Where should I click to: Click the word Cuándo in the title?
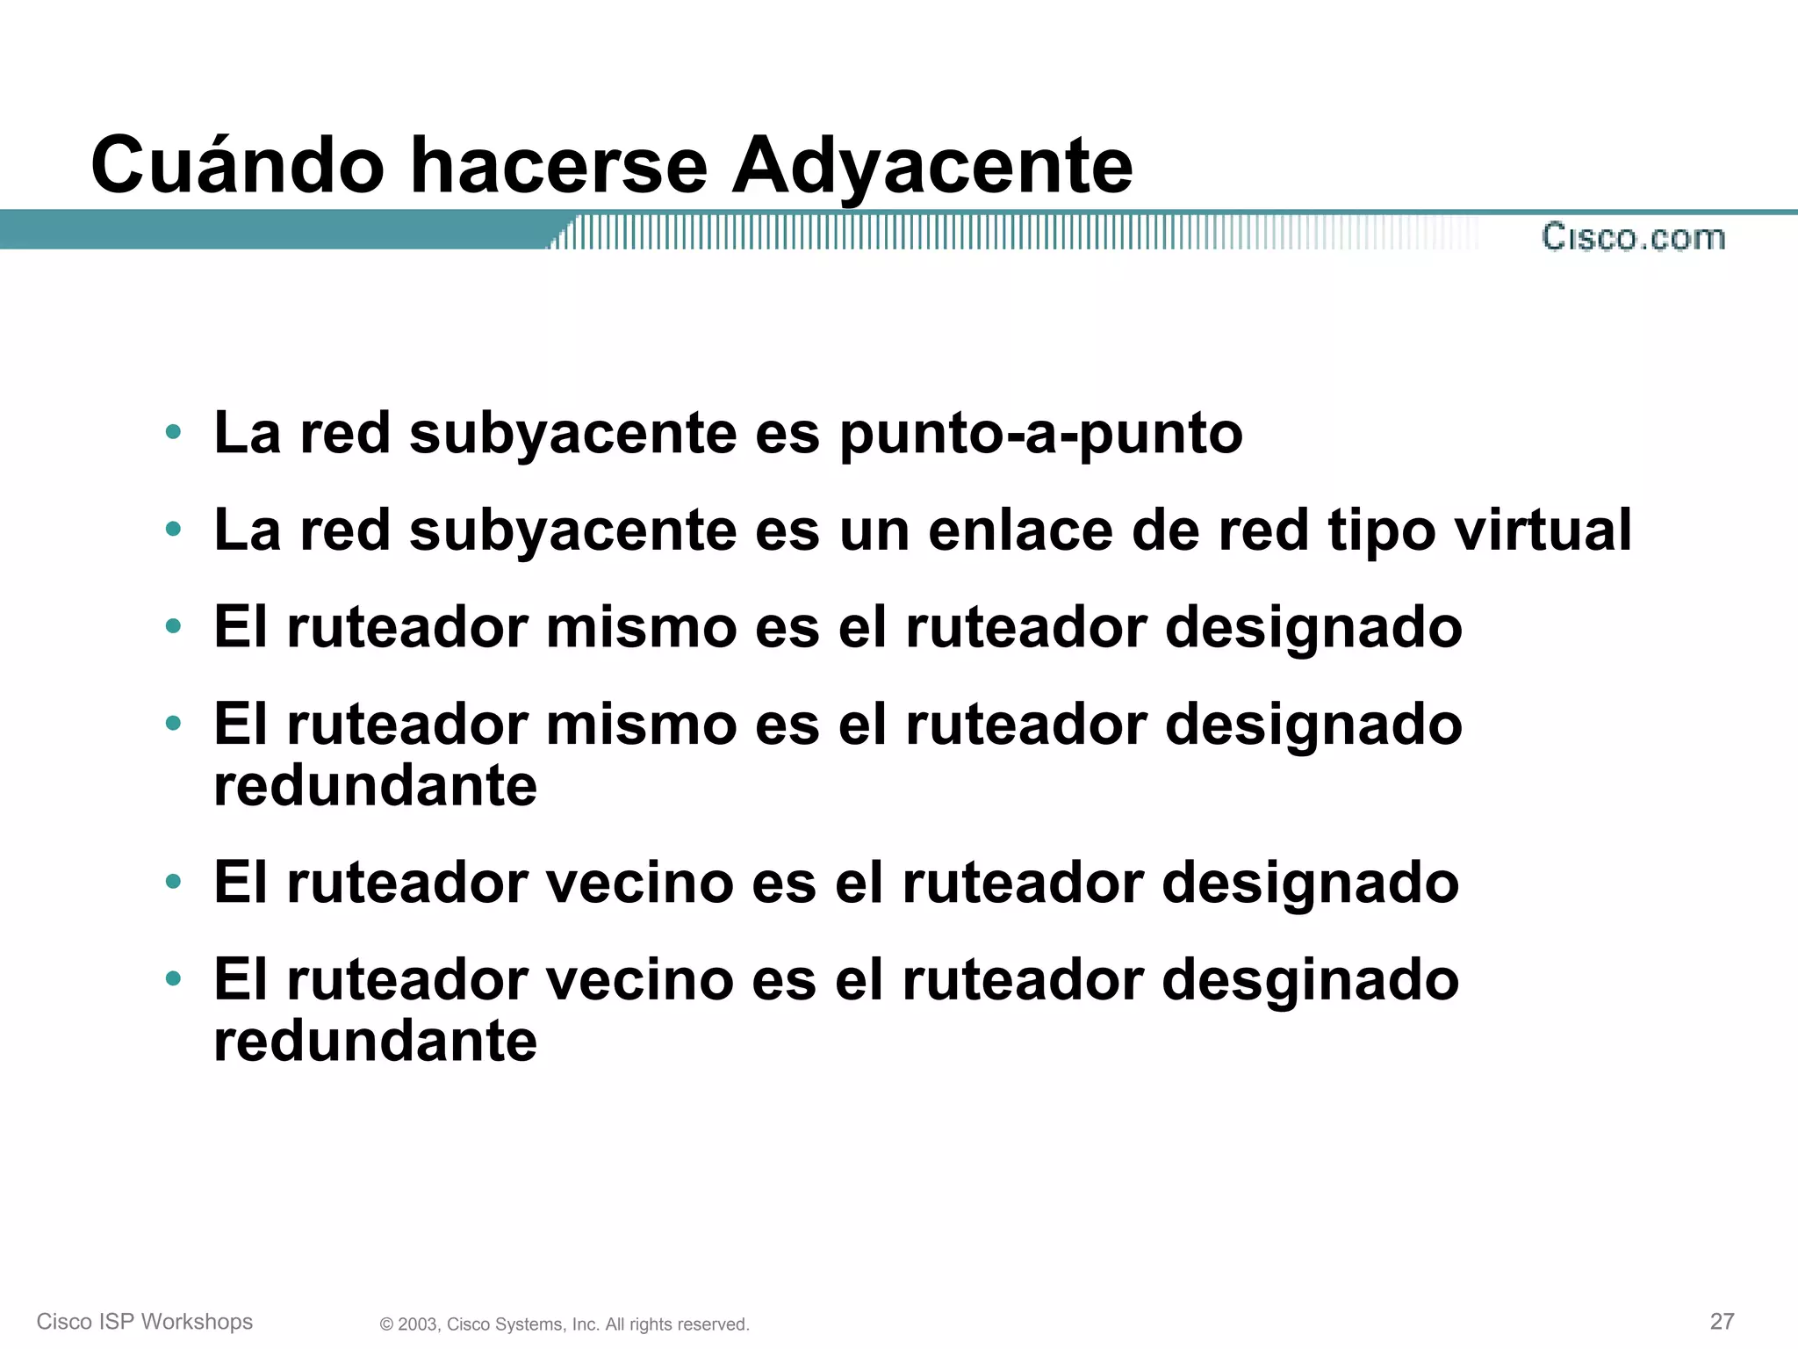click(x=237, y=165)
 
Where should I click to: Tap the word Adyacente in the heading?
click(x=931, y=167)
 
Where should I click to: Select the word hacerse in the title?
click(x=558, y=165)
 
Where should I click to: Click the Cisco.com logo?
click(x=1633, y=237)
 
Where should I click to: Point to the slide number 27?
click(x=1722, y=1321)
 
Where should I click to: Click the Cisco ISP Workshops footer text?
click(x=145, y=1322)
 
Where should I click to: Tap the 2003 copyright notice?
click(x=565, y=1324)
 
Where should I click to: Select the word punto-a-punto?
click(x=1041, y=434)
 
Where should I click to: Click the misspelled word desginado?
click(x=1310, y=981)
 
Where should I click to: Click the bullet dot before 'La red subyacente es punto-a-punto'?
click(x=173, y=432)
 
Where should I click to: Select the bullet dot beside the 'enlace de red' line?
click(x=173, y=530)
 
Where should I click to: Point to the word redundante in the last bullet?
click(x=375, y=1041)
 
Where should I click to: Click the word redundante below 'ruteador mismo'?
click(x=375, y=785)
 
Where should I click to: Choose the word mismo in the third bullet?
click(x=641, y=628)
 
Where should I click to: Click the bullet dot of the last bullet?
click(x=173, y=978)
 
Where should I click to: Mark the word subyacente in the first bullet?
click(x=573, y=434)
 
